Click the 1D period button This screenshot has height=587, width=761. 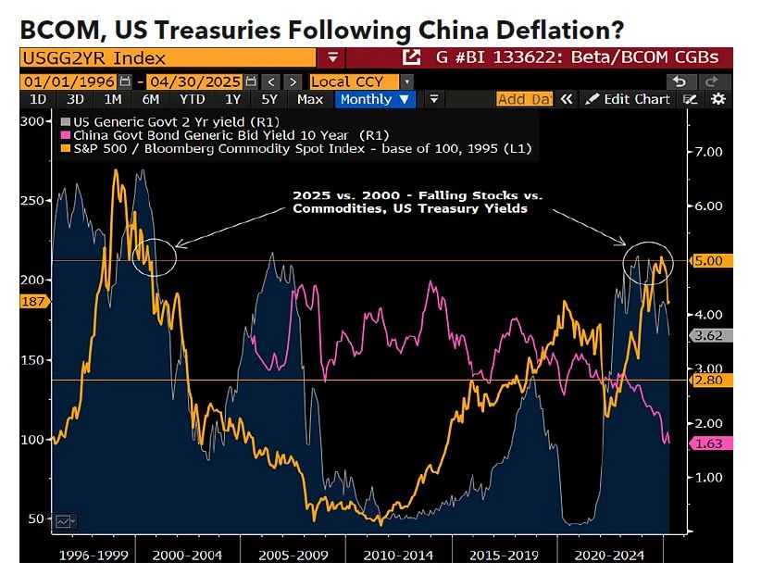(x=38, y=99)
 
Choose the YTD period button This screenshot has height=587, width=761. (x=192, y=99)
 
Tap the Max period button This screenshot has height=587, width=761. (x=310, y=99)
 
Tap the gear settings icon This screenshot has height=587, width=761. (x=717, y=99)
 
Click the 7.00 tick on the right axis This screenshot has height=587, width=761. (x=706, y=151)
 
